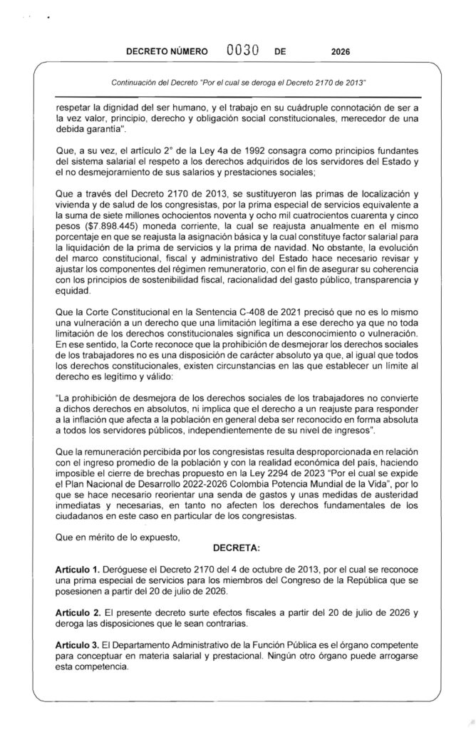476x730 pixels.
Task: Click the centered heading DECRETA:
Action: (237, 547)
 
